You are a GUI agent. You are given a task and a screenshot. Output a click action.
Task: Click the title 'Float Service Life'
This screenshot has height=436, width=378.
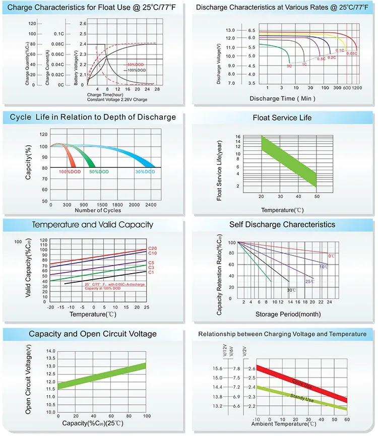tap(282, 118)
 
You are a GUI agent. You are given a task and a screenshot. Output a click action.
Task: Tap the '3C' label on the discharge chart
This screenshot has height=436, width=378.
tap(289, 66)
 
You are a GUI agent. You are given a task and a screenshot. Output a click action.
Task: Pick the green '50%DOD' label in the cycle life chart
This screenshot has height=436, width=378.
tap(99, 172)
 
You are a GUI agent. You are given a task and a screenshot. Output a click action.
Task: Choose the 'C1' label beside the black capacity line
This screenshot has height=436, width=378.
tap(150, 272)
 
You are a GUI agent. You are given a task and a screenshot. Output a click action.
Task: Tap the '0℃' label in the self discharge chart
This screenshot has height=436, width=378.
tap(331, 256)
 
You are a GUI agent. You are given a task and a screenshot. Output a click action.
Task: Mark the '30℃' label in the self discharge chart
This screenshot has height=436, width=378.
tap(291, 290)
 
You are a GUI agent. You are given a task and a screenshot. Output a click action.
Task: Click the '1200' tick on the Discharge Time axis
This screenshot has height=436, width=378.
tap(357, 88)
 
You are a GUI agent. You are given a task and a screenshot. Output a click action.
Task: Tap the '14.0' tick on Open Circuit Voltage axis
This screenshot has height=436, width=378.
tap(50, 351)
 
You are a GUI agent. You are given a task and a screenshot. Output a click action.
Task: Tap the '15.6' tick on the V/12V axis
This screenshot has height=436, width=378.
tap(217, 368)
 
